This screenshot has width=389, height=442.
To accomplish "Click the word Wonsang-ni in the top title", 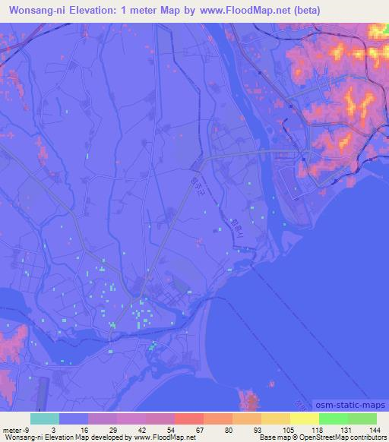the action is coord(39,11).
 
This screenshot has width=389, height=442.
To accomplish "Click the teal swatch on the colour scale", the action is coord(45,418).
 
